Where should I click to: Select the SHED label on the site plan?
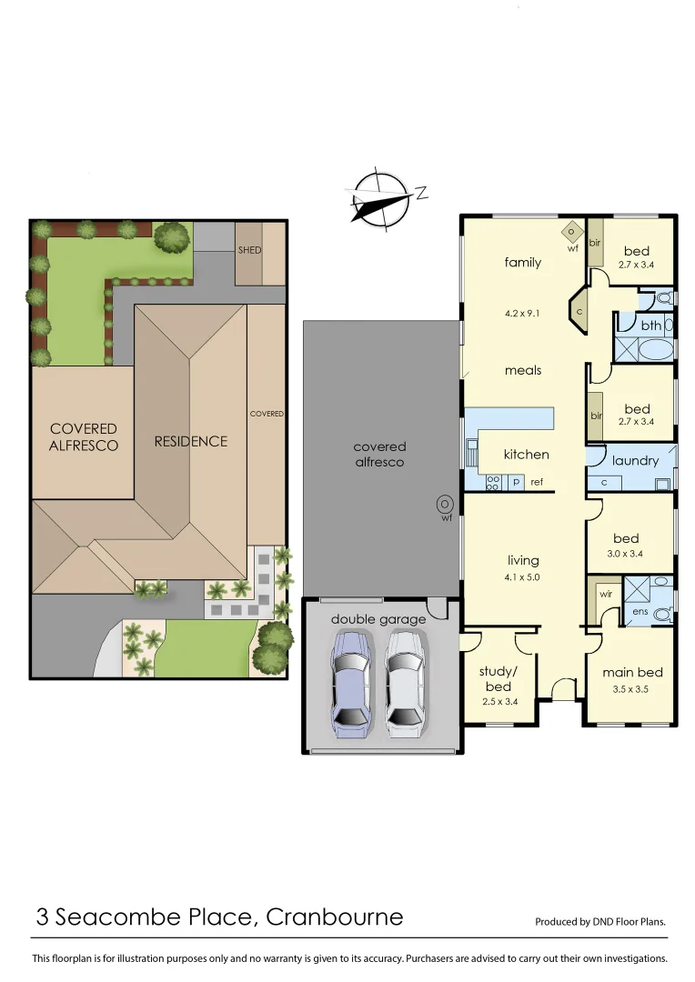[249, 250]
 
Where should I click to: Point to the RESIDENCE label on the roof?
[190, 442]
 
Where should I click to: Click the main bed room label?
[632, 673]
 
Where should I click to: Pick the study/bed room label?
[498, 679]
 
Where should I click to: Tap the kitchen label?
[526, 455]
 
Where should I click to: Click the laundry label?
[635, 461]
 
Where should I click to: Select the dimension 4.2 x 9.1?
[523, 314]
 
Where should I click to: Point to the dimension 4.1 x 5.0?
[523, 576]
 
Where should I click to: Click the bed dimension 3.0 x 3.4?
[626, 554]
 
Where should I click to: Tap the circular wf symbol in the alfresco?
[446, 503]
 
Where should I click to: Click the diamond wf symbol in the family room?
[571, 231]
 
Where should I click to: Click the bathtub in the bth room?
[646, 349]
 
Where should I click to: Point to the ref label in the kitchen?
[537, 483]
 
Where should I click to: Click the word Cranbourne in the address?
[334, 917]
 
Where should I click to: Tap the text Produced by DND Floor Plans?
[600, 921]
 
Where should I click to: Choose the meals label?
[523, 370]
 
